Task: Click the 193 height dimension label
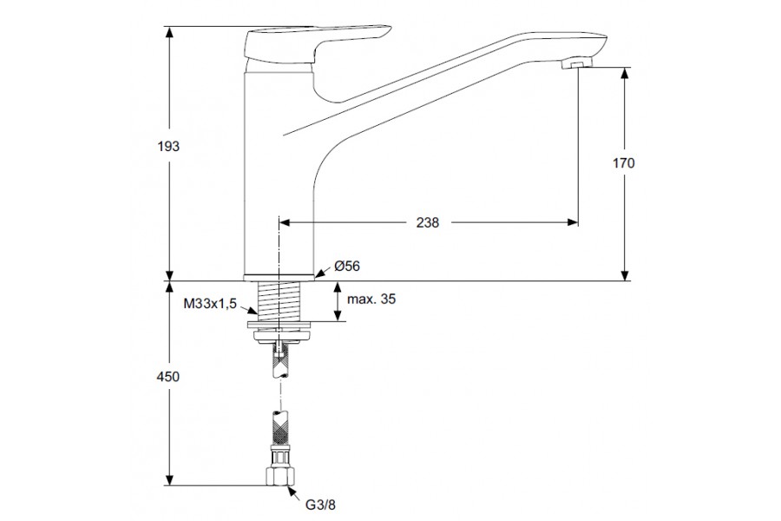point(168,147)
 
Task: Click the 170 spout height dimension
point(624,163)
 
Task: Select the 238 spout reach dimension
point(428,222)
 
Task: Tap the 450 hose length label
point(168,377)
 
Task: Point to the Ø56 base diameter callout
point(347,267)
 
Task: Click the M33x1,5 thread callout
point(210,304)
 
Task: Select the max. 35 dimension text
point(371,299)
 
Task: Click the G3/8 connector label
point(321,505)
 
